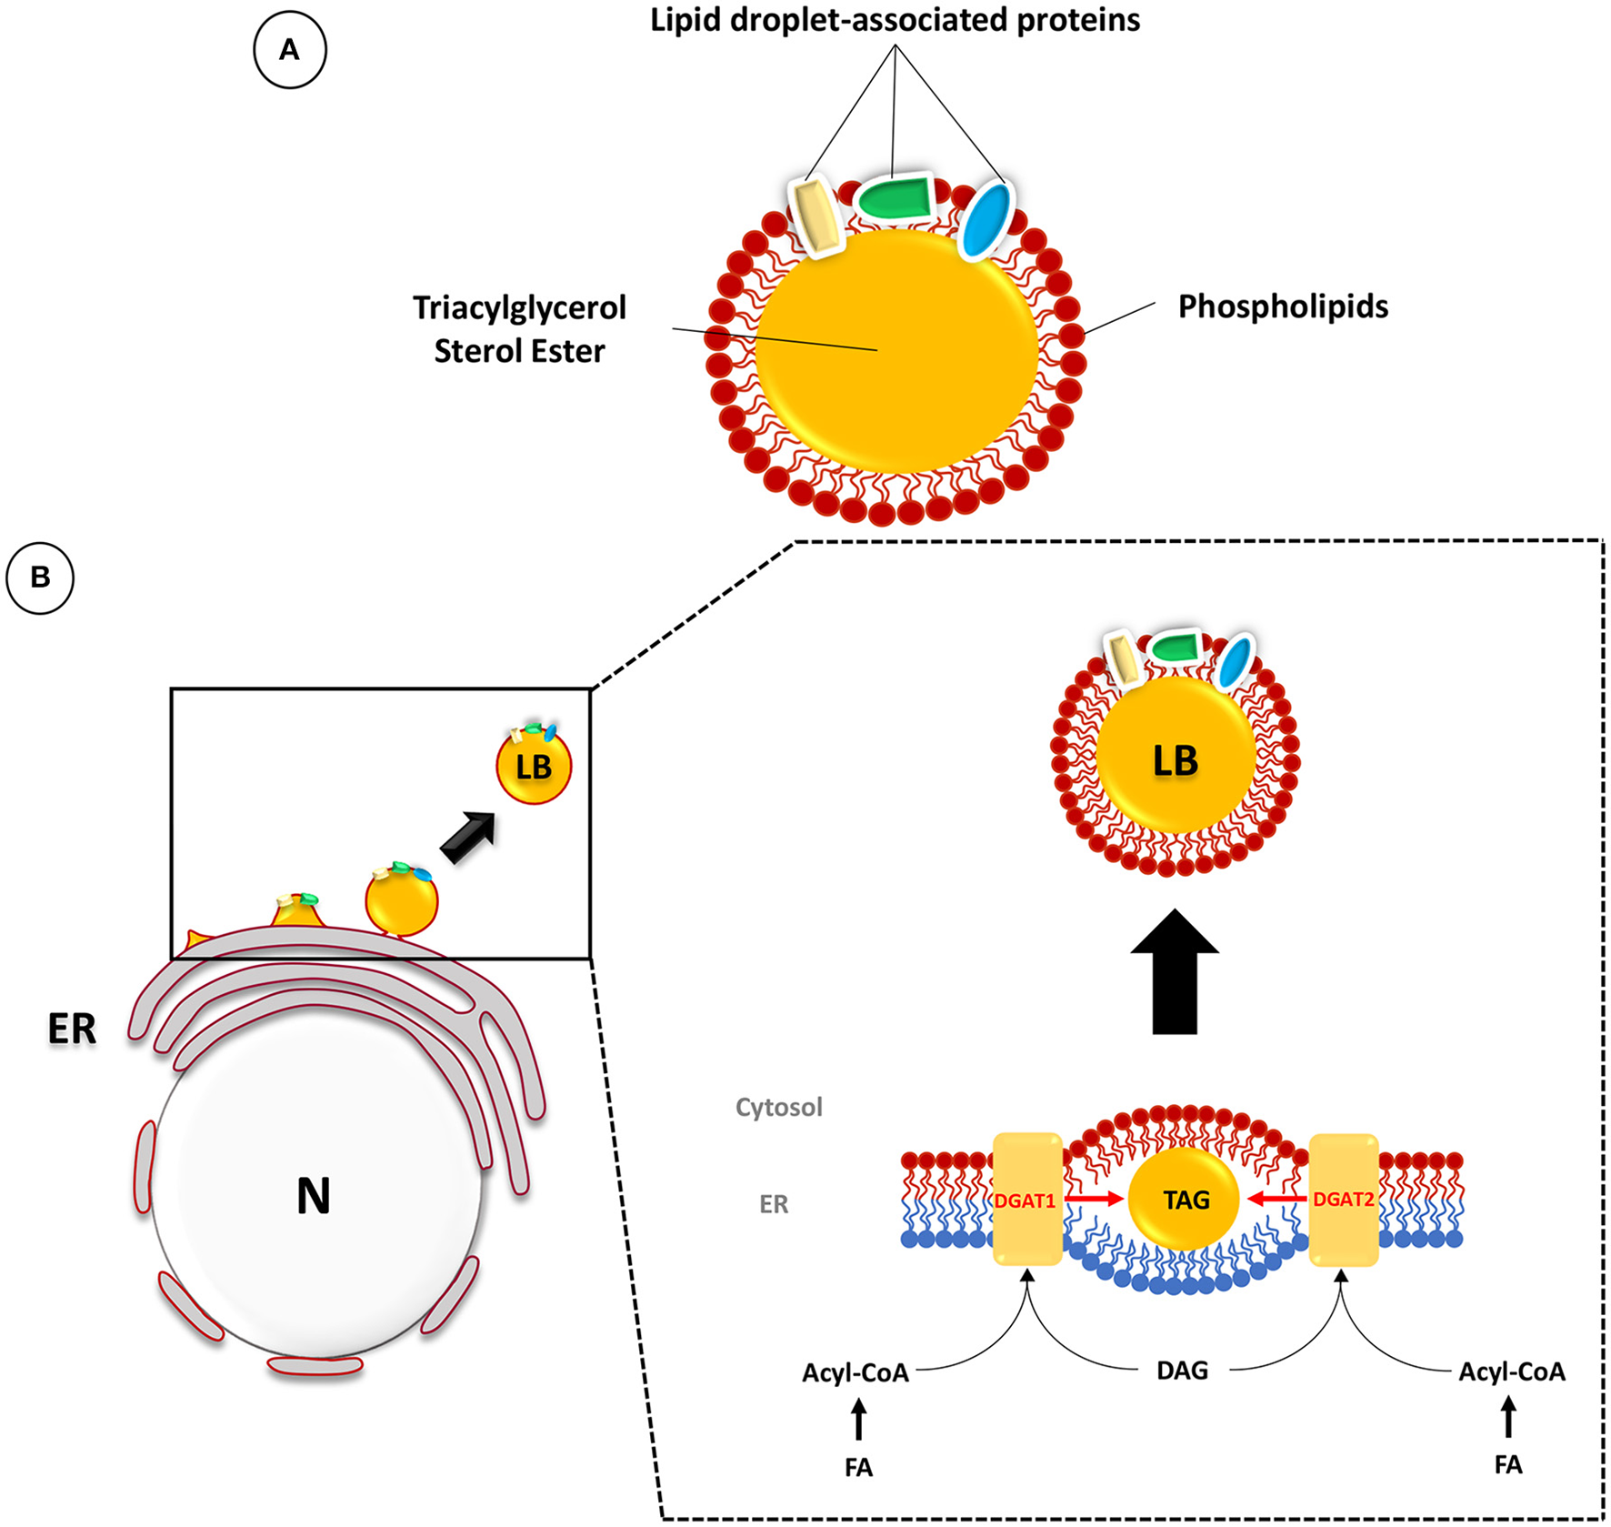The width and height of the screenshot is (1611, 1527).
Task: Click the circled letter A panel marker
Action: tap(289, 50)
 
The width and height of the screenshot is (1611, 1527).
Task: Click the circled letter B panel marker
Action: tap(40, 578)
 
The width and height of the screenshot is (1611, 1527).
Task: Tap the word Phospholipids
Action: tap(1283, 307)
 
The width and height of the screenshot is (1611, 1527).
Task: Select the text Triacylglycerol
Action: tap(519, 308)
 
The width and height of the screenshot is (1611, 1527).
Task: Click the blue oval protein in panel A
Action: tap(986, 221)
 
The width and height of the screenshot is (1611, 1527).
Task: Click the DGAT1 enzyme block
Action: tap(1027, 1200)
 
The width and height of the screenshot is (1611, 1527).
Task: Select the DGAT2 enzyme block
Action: tap(1344, 1200)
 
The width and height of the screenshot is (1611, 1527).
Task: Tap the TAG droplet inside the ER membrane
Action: tap(1185, 1201)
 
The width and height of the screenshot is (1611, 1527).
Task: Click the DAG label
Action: tap(1182, 1371)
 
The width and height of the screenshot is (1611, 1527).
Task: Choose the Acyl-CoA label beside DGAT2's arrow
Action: tap(1512, 1371)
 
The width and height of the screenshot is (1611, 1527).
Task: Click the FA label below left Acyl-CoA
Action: tap(858, 1468)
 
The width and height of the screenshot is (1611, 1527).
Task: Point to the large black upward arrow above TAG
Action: tap(1174, 973)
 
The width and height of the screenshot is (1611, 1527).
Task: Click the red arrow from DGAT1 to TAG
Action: tap(1095, 1200)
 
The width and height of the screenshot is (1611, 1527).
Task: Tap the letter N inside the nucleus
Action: tap(314, 1196)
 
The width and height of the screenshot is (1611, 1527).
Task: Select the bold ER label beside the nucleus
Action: tap(72, 1030)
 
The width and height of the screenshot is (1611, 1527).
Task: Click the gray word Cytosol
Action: tap(778, 1108)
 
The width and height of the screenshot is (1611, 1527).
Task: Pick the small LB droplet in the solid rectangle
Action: tap(534, 767)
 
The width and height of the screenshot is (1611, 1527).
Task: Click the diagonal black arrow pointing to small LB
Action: tap(468, 837)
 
